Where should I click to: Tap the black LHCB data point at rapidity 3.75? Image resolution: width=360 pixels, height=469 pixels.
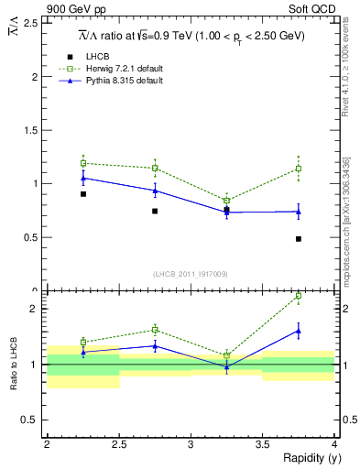tap(299, 239)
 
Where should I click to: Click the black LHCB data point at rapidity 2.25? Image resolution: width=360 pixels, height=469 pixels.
tap(82, 194)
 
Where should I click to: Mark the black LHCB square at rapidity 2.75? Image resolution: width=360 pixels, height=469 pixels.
tap(155, 212)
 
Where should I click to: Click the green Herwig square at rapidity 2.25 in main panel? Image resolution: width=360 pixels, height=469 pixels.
tap(82, 163)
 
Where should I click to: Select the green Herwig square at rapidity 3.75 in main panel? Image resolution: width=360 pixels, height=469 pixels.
tap(299, 169)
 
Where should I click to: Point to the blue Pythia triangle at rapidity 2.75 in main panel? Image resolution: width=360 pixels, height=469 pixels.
tap(155, 191)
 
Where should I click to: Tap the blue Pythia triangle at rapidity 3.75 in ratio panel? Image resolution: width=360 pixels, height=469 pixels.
tap(299, 331)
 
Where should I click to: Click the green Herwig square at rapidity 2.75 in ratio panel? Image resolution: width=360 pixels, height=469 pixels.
tap(155, 330)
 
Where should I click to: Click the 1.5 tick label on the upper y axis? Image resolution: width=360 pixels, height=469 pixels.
tap(35, 130)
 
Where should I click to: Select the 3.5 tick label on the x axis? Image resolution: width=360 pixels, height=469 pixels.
tap(262, 443)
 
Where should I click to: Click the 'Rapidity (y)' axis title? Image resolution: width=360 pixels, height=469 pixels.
tap(306, 458)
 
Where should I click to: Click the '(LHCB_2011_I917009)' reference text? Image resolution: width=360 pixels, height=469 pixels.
tap(191, 274)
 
